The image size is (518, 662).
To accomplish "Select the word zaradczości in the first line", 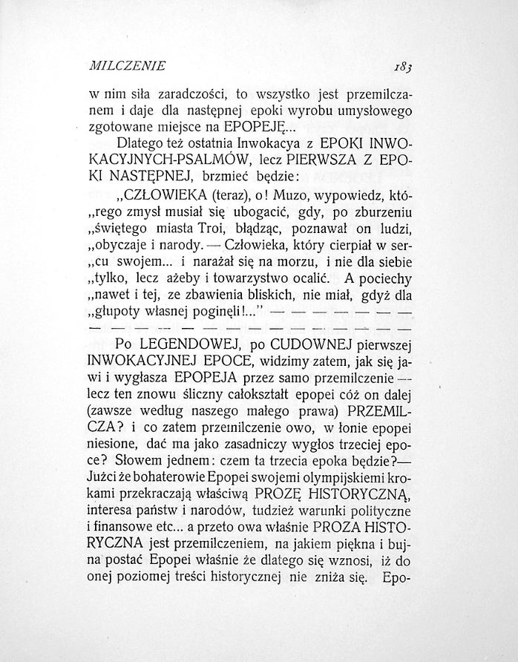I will (x=179, y=94).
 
